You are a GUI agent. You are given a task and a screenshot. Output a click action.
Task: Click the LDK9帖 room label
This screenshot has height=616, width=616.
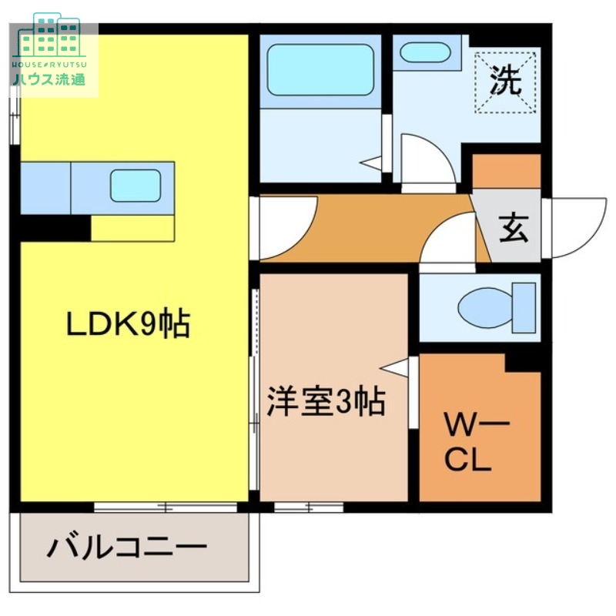[128, 326]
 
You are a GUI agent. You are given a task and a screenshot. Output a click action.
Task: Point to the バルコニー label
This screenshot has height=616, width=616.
[128, 548]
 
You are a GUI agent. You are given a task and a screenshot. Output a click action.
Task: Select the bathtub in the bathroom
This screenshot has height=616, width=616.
[320, 69]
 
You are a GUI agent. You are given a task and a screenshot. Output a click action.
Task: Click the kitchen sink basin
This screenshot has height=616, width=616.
[136, 185]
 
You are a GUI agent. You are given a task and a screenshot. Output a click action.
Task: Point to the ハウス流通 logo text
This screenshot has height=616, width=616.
[48, 79]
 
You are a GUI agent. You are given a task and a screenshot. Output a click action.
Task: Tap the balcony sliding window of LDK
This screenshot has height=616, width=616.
[165, 507]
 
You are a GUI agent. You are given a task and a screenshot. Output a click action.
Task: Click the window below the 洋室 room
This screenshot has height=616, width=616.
[308, 507]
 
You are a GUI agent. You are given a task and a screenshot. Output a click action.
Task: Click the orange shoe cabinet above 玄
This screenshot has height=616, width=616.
[506, 171]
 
